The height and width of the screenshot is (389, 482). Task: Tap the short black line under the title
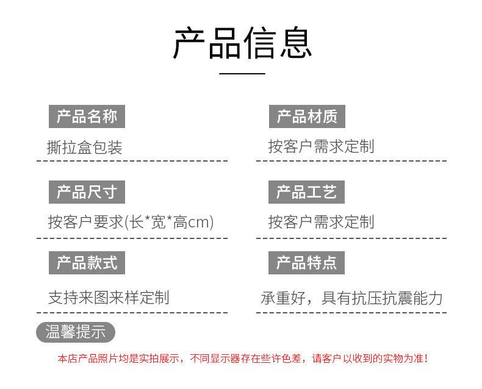(242, 73)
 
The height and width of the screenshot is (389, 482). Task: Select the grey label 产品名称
(87, 116)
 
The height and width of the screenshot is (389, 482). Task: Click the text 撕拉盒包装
(85, 147)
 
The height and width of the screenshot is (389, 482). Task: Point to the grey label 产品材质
(307, 116)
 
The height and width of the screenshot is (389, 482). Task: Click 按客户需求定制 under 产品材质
(321, 147)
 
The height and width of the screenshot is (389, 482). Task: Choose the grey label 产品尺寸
(87, 192)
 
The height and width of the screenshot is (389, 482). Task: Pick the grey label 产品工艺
(307, 192)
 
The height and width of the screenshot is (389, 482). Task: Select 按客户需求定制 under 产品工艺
(321, 223)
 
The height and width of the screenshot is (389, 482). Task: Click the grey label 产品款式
(87, 263)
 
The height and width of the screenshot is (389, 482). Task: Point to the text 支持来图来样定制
(109, 298)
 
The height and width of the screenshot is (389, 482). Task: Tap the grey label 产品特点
(307, 263)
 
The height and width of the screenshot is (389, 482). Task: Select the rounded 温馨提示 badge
(76, 332)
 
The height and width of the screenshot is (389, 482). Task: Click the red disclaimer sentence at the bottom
(242, 359)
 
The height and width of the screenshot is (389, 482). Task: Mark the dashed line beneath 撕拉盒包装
(132, 162)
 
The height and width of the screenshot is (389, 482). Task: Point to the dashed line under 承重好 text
(351, 312)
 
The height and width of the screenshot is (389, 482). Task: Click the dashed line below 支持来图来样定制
(132, 312)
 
